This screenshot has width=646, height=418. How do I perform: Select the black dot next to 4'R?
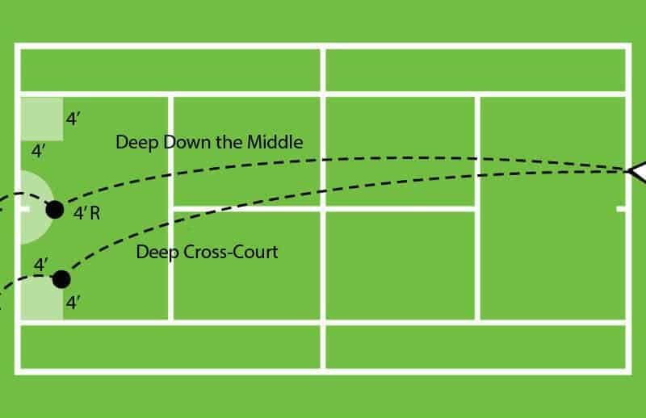pyautogui.click(x=55, y=210)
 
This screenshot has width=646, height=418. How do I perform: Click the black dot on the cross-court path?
pyautogui.click(x=61, y=279)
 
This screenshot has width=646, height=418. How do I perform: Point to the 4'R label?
pyautogui.click(x=86, y=214)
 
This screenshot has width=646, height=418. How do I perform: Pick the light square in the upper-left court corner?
pyautogui.click(x=41, y=119)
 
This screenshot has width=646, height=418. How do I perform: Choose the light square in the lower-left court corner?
pyautogui.click(x=40, y=300)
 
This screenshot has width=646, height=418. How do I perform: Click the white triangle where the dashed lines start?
pyautogui.click(x=637, y=171)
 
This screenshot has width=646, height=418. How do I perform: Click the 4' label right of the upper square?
pyautogui.click(x=73, y=119)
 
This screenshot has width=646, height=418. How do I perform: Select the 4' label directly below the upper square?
pyautogui.click(x=38, y=151)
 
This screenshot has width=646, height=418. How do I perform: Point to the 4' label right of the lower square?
pyautogui.click(x=73, y=303)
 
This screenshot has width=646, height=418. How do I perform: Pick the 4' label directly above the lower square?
pyautogui.click(x=41, y=264)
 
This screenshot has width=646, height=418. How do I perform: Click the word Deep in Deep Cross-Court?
pyautogui.click(x=153, y=252)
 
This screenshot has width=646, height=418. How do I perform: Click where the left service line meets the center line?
pyautogui.click(x=171, y=208)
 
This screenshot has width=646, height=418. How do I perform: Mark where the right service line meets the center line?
pyautogui.click(x=478, y=208)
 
